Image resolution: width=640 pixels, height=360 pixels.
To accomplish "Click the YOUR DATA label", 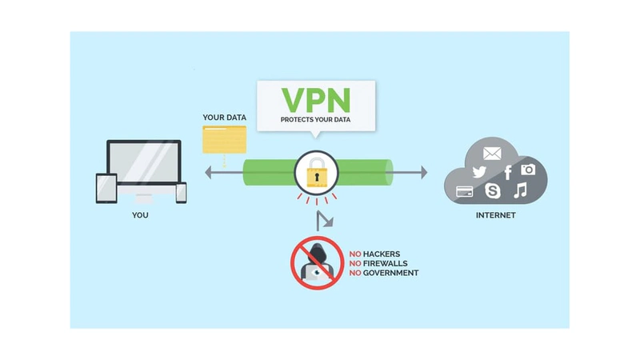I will pos(224,118).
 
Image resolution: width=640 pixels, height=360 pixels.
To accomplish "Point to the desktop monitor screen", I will pos(143,165).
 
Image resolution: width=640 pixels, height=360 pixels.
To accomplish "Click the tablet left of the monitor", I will pos(106,188).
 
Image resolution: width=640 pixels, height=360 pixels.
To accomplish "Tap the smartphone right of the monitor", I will pos(181,192).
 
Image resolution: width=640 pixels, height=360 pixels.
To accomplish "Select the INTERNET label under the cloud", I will pos(496,216).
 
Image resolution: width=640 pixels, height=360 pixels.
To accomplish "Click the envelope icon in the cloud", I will pos(490,153).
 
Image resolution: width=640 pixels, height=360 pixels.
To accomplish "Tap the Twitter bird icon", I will pos(479,172).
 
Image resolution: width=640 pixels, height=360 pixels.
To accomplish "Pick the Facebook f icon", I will pos(507,172).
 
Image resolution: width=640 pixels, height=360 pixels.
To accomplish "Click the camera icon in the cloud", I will pos(528,170).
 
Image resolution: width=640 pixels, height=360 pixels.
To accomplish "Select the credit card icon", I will pos(464,191).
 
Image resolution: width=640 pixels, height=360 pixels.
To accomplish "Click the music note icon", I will pos(520,190).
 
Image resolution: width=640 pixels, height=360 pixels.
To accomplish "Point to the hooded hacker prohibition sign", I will pos(313,260).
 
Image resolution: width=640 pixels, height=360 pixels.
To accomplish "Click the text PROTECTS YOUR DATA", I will pos(315,120).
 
